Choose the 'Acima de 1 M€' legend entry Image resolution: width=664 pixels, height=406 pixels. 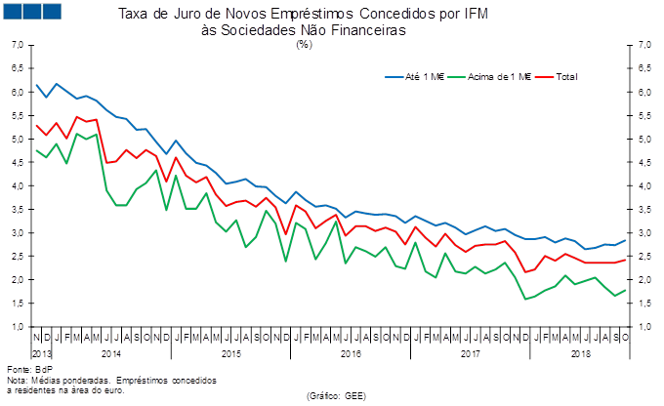tap(497, 76)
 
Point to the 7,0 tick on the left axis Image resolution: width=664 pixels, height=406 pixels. tap(18, 45)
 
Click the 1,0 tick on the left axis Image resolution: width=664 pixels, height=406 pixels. tap(18, 326)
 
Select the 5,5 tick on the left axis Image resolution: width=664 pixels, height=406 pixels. tap(18, 115)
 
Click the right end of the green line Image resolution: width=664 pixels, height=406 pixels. tap(625, 289)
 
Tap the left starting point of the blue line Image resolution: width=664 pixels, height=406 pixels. tap(35, 84)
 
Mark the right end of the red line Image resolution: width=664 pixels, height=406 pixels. tap(625, 259)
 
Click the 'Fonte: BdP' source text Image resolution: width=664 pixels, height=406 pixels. tap(22, 371)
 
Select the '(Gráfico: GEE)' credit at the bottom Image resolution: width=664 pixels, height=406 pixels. tap(335, 395)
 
